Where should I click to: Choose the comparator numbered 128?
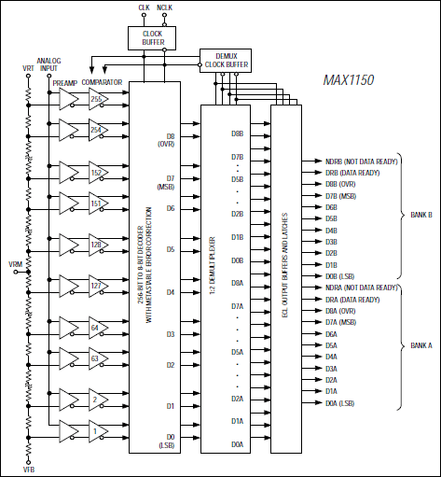(x=98, y=245)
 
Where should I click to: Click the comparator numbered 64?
(x=98, y=330)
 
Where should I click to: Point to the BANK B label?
(x=420, y=213)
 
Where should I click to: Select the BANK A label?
(x=420, y=345)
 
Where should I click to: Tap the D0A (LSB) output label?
(x=340, y=402)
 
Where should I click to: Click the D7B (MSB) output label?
(x=340, y=195)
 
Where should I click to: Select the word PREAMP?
(x=65, y=83)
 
